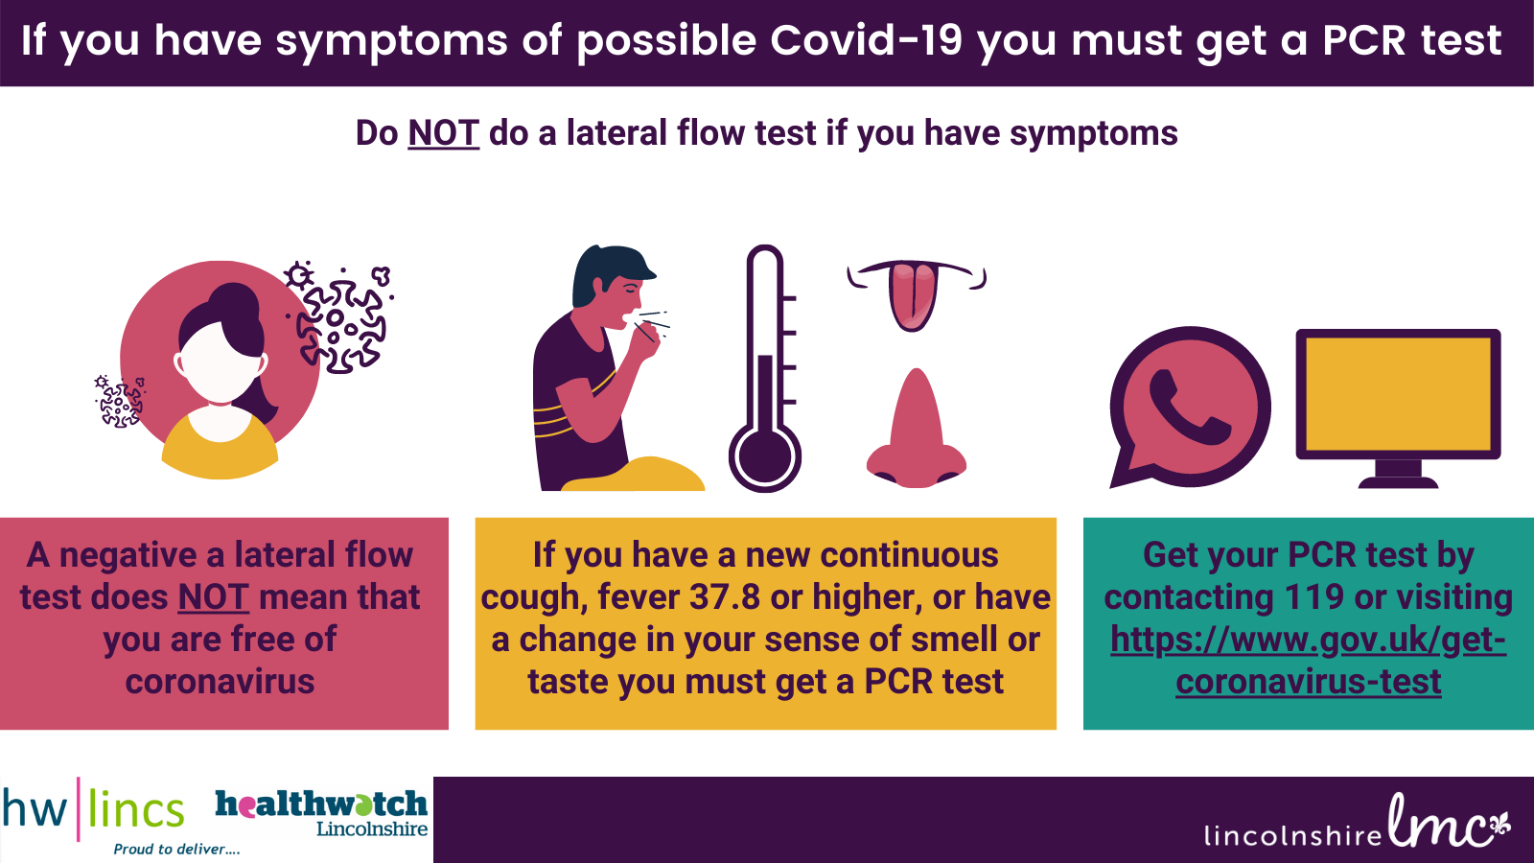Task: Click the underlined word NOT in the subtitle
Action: (x=443, y=133)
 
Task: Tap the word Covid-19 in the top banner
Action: (x=867, y=39)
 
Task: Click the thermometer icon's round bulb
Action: (x=764, y=456)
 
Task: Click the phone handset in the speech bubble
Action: (x=1189, y=408)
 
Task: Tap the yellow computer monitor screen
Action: (x=1398, y=394)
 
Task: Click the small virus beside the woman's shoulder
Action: (x=119, y=402)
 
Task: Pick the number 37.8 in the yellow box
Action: (x=724, y=597)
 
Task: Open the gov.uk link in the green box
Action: (x=1308, y=660)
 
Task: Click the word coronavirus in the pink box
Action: (x=220, y=682)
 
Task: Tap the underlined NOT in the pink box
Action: (x=213, y=597)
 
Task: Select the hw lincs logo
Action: (x=94, y=809)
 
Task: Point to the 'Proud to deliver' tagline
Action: (x=176, y=850)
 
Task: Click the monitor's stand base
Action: (x=1398, y=483)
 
